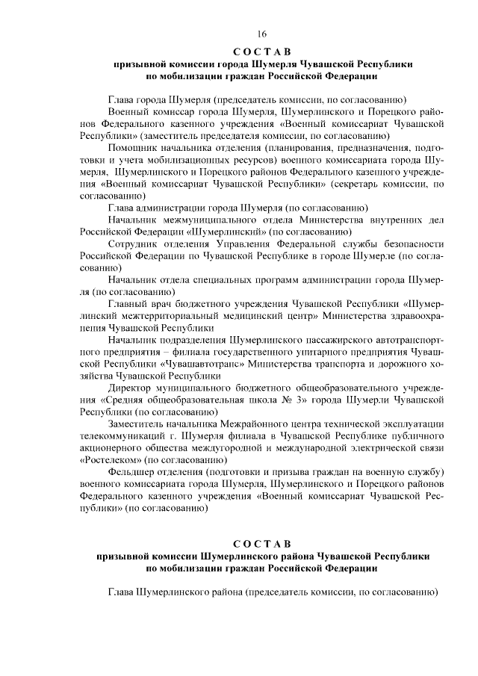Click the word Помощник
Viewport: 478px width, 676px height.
point(131,148)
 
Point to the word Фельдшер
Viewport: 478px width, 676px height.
point(132,472)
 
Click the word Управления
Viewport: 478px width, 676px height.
point(239,244)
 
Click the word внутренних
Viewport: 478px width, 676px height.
point(383,220)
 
